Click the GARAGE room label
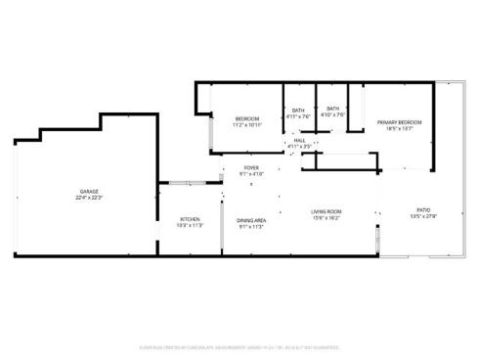(89, 191)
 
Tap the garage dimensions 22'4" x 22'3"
(89, 198)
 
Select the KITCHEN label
(190, 218)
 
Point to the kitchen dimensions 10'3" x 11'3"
(190, 225)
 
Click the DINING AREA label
(251, 220)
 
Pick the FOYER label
(251, 168)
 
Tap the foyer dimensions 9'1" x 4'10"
(251, 175)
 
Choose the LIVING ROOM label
(326, 211)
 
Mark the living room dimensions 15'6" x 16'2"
(326, 218)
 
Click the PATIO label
(424, 209)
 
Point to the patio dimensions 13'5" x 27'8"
(424, 216)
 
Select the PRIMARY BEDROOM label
(400, 121)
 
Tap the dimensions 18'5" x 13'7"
(400, 128)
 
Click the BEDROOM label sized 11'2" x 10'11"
(246, 117)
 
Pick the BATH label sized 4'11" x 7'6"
(299, 110)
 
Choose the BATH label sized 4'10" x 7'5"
(333, 109)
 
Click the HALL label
(299, 140)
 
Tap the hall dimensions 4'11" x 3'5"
(299, 147)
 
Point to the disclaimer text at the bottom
(239, 346)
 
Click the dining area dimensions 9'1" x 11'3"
(251, 227)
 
